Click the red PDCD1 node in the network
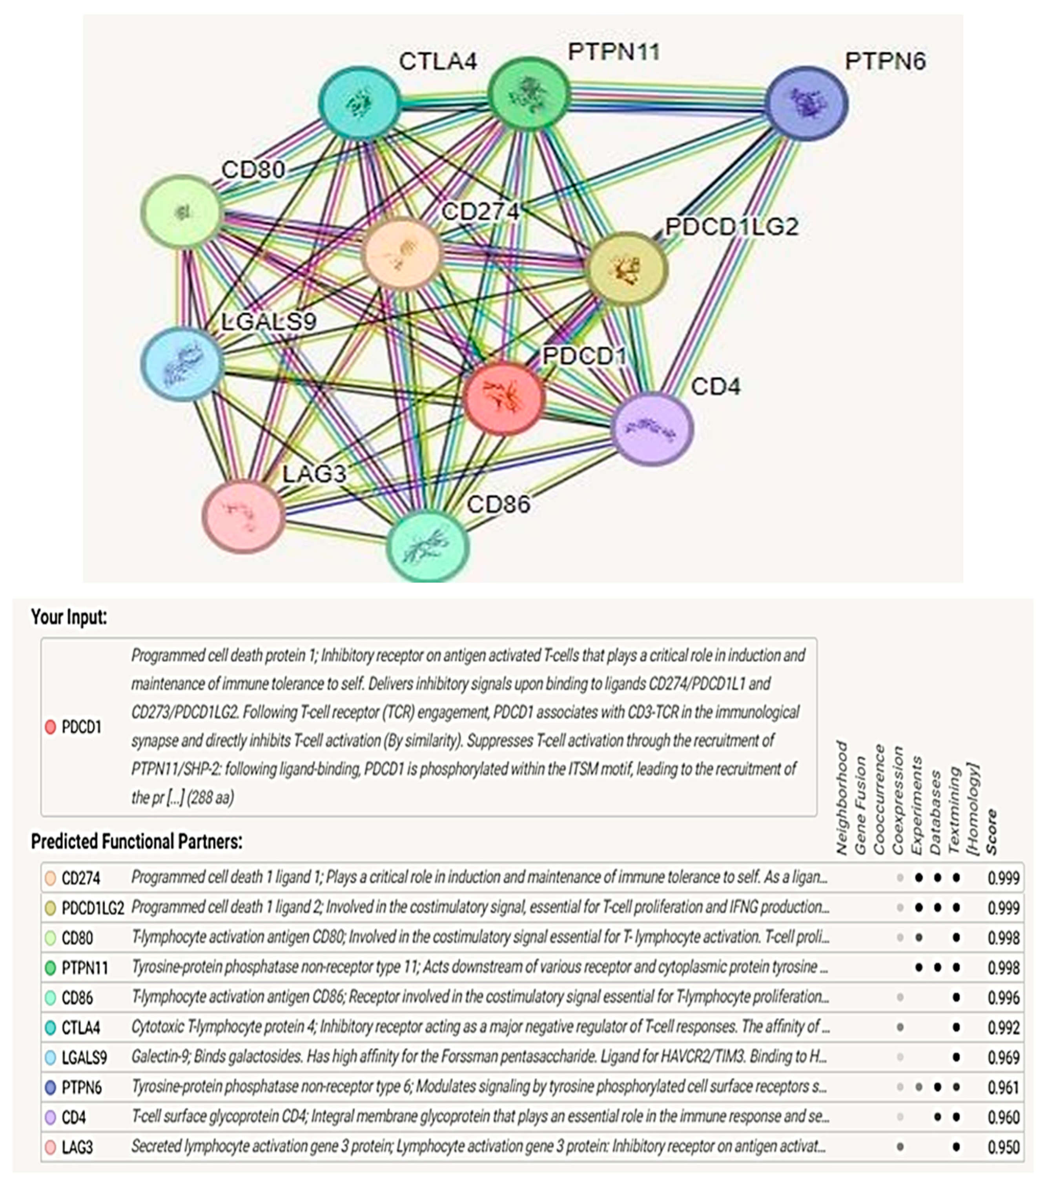coord(504,399)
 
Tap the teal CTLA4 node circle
coord(359,103)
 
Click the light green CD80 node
coord(182,212)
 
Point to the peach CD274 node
coord(401,253)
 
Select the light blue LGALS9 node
coord(182,363)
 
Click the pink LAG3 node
coord(243,515)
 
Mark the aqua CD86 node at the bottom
coord(427,545)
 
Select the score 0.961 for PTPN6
coord(1003,1087)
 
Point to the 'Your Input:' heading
coord(69,617)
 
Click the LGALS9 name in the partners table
coord(85,1057)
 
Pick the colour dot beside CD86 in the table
coord(51,998)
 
